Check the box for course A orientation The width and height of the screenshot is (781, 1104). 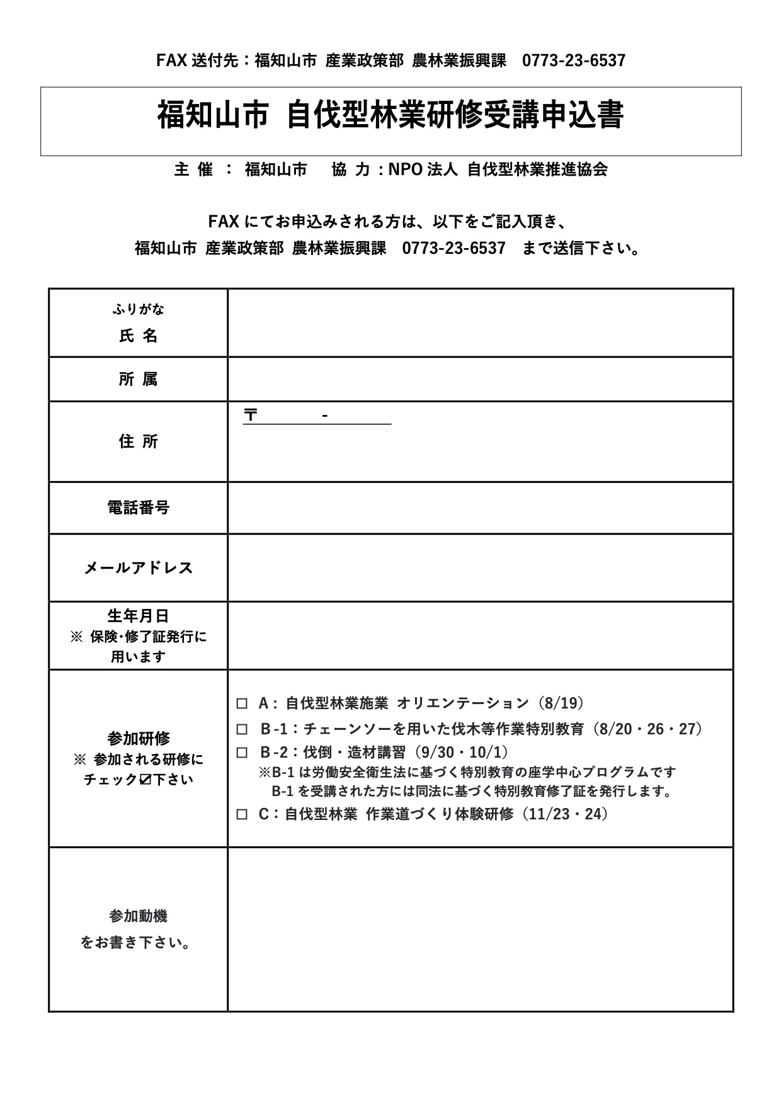tap(242, 703)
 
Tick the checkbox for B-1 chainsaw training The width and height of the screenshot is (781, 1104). tap(242, 730)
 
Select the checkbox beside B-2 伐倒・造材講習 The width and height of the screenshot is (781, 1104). tap(242, 753)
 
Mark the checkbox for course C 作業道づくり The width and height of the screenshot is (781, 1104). tap(242, 815)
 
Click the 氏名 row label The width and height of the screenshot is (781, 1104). tap(139, 336)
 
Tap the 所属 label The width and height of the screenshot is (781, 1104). tap(139, 379)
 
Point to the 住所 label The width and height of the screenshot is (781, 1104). tap(139, 441)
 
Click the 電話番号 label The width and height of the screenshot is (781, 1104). tap(139, 508)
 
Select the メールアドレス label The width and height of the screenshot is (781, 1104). tap(139, 568)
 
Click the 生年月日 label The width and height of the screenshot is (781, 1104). tap(139, 616)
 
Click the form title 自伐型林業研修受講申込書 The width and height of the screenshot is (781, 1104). tap(390, 116)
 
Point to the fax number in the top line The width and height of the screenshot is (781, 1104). tap(574, 61)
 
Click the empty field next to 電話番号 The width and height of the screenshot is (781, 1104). tap(480, 508)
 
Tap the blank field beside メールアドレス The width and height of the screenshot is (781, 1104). tap(480, 568)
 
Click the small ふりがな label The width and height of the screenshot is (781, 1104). tap(139, 309)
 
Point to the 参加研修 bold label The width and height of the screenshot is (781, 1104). tap(139, 738)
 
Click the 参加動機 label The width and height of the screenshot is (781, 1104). tap(139, 916)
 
